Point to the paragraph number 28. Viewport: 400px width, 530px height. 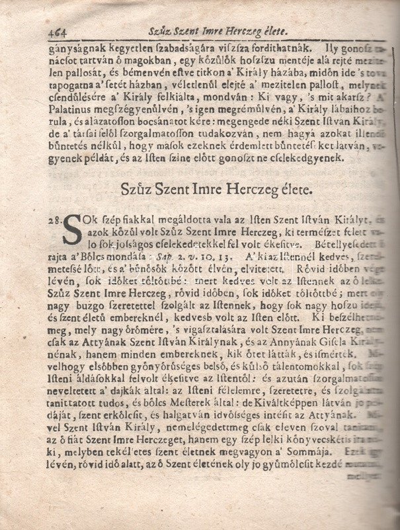52,221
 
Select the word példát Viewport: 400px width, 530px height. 99,159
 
